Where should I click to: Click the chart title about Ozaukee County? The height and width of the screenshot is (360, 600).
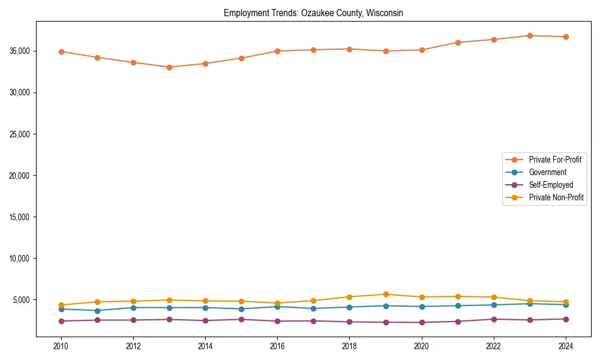[x=313, y=13]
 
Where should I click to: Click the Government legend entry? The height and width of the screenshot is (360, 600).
[x=547, y=172]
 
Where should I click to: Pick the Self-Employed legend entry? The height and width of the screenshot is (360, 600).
[x=551, y=185]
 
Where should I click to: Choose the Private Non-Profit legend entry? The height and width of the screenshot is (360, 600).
[x=556, y=197]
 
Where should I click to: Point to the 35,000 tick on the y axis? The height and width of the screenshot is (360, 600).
[x=18, y=51]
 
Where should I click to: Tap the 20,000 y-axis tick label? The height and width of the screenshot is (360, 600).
[x=18, y=176]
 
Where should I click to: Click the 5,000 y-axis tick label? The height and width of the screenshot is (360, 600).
[x=20, y=300]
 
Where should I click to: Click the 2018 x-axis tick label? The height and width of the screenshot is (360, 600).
[x=350, y=346]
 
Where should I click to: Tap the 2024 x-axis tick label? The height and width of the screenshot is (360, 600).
[x=566, y=346]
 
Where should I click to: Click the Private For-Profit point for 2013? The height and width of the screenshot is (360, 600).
[x=169, y=67]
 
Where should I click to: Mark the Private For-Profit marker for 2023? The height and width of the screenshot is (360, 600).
[x=530, y=35]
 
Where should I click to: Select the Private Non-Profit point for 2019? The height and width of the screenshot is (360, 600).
[x=386, y=294]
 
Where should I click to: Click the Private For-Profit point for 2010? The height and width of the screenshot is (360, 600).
[x=61, y=52]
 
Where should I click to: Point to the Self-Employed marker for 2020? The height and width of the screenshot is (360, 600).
[x=422, y=322]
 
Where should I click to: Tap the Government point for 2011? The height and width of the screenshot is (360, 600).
[x=97, y=310]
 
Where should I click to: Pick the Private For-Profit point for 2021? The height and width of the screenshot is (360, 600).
[x=458, y=43]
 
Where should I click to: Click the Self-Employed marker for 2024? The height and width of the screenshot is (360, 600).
[x=566, y=319]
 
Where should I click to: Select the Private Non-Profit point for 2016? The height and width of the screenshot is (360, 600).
[x=277, y=303]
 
